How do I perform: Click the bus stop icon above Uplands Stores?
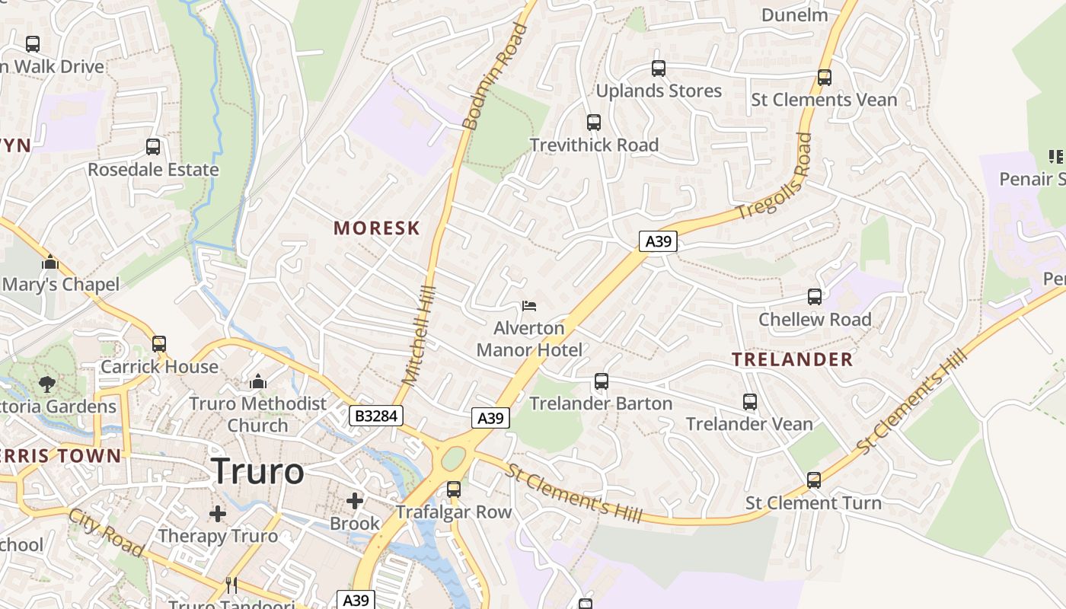point(659,69)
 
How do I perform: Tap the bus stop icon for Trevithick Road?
point(594,122)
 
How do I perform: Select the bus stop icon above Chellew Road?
point(815,297)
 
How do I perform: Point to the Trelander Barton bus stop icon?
point(602,381)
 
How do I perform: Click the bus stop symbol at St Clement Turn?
point(814,480)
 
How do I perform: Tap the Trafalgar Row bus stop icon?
point(454,489)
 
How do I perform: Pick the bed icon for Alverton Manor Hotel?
point(529,306)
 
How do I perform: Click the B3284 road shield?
point(375,416)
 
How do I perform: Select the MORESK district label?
point(377,228)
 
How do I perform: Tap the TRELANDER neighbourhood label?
point(793,359)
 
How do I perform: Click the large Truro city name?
point(257,471)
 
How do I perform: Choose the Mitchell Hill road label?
point(418,335)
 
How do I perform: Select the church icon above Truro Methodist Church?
point(258,381)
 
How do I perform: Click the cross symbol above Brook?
point(355,501)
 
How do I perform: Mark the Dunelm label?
point(794,14)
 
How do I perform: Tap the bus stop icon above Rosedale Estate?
point(153,147)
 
